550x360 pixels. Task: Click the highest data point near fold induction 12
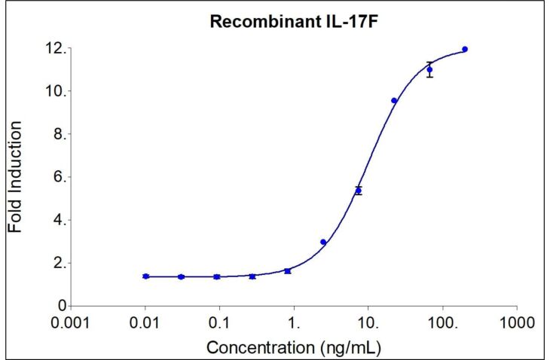point(465,49)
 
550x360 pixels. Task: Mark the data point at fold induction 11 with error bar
point(429,70)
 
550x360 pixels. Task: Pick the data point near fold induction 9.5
point(394,100)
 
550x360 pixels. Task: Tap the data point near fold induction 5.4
point(359,191)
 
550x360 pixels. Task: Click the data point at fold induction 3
point(323,242)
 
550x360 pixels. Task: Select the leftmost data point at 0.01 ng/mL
point(145,276)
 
